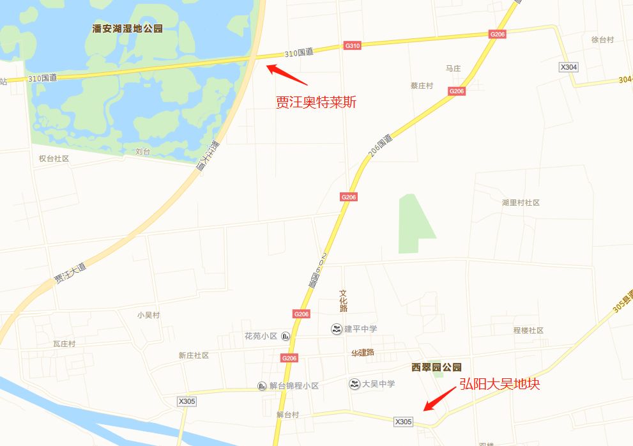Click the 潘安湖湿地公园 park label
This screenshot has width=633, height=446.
point(128,29)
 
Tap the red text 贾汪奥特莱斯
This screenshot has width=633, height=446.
point(316,102)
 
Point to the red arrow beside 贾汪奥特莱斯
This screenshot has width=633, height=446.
point(287,74)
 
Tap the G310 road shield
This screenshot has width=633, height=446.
point(353,45)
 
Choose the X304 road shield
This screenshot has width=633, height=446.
point(568,67)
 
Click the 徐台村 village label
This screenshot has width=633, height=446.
point(602,40)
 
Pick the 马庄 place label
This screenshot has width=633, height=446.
point(453,68)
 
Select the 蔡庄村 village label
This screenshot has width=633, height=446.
point(422,86)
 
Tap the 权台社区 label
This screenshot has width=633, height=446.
point(54,158)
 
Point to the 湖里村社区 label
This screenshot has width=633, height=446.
point(521,203)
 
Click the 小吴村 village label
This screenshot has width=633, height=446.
point(148,315)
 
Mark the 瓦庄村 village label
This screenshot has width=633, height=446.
point(64,344)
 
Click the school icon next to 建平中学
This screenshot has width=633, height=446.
point(335,329)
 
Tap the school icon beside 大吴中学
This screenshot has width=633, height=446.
point(354,384)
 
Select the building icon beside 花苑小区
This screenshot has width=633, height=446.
point(286,336)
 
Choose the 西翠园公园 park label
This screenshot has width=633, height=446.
point(436,367)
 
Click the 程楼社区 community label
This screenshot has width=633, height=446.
point(528,330)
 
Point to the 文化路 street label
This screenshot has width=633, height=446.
point(343,300)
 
